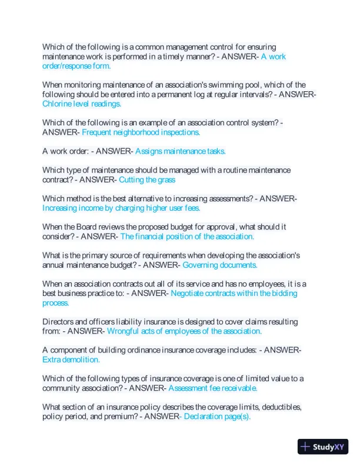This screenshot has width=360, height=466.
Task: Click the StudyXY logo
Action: click(323, 447)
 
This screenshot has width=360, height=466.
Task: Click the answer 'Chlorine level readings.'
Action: click(81, 104)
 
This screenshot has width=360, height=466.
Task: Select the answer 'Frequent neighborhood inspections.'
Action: click(141, 132)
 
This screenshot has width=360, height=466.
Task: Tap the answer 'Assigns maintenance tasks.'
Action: click(180, 151)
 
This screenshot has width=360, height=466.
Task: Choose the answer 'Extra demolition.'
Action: click(71, 359)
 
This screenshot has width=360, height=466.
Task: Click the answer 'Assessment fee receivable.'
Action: click(213, 388)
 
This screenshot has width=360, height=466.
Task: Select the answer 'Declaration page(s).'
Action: click(216, 417)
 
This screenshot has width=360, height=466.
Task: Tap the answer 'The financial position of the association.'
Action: click(187, 237)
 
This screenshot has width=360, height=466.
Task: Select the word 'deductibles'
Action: click(279, 407)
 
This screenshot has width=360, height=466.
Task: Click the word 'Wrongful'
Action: click(124, 331)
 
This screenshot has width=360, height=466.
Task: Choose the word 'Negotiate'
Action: click(190, 293)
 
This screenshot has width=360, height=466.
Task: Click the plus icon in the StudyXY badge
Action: click(305, 447)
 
